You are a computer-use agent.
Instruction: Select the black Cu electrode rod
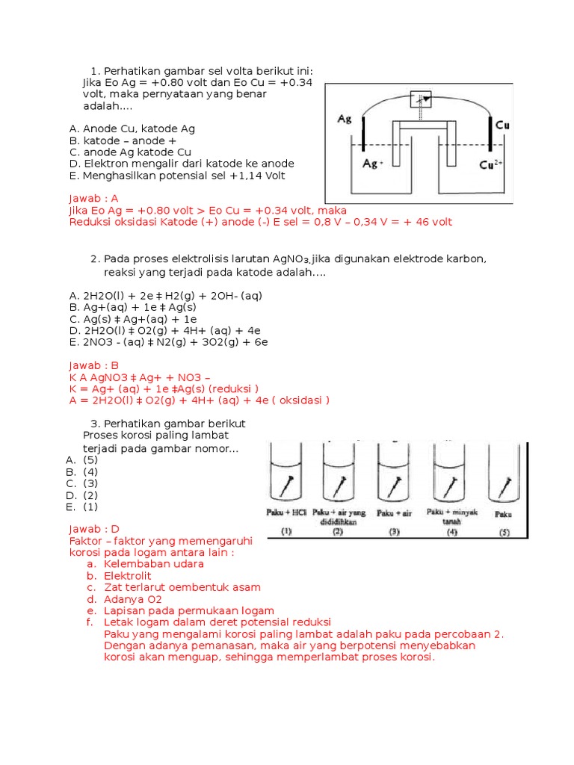point(490,133)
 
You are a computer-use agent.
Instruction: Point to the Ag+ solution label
point(373,164)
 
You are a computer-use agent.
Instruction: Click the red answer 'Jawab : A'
point(93,199)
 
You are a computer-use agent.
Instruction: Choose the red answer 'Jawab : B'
point(93,365)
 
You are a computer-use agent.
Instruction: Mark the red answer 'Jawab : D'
point(94,529)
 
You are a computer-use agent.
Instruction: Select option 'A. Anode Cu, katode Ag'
point(132,128)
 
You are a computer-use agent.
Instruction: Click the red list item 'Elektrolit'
point(128,576)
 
